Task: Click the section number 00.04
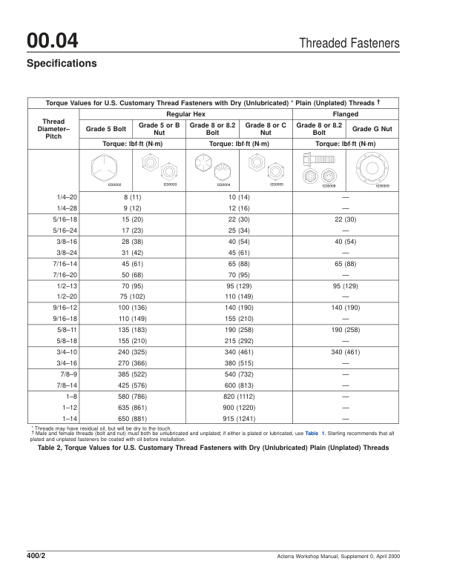(53, 40)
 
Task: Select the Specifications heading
(62, 64)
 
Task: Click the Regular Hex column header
(185, 114)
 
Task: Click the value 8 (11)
(132, 198)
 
